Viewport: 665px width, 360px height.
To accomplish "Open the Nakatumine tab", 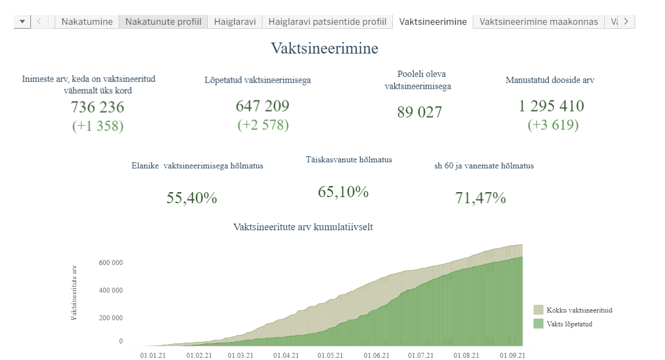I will coord(87,22).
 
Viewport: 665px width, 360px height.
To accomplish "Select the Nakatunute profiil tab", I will coord(163,22).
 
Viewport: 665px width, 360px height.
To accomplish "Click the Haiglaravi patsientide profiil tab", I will coord(327,22).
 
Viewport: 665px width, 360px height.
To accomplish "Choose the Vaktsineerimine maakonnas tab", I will coord(539,22).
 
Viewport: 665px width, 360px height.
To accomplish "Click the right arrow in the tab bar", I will coord(626,22).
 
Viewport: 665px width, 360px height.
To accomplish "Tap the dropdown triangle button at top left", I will coord(22,22).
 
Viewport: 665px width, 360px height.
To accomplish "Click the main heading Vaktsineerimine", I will coord(324,49).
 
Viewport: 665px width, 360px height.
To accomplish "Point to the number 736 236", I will coord(98,107).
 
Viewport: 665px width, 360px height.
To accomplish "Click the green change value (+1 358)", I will coord(98,126).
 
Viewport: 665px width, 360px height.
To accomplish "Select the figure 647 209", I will coord(262,105).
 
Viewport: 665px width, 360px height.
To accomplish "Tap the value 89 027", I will coord(419,112).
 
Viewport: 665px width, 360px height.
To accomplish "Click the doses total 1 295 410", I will coord(551,105).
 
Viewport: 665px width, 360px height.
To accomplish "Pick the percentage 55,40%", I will coord(192,198).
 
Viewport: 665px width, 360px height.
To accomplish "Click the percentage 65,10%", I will coord(343,192).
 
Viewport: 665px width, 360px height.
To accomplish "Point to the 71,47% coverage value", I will coord(481,198).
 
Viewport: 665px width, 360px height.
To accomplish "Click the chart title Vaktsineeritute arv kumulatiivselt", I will coord(303,227).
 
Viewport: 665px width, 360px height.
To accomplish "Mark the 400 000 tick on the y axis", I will coord(112,291).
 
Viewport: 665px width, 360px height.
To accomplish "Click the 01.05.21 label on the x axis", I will coord(330,356).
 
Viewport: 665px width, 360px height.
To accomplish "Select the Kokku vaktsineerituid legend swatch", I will coord(538,310).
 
